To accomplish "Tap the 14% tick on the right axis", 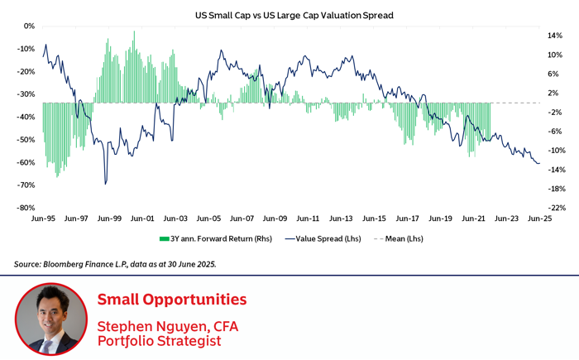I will point(555,36).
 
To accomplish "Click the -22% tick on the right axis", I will point(557,208).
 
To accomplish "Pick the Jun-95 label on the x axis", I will point(43,219).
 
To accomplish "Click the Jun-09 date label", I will point(275,219).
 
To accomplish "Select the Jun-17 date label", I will point(407,219).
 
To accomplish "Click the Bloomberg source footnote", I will point(116,264).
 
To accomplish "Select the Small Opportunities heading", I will point(171,299).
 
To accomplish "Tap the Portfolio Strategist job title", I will point(159,340).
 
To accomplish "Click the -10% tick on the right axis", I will point(557,151).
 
